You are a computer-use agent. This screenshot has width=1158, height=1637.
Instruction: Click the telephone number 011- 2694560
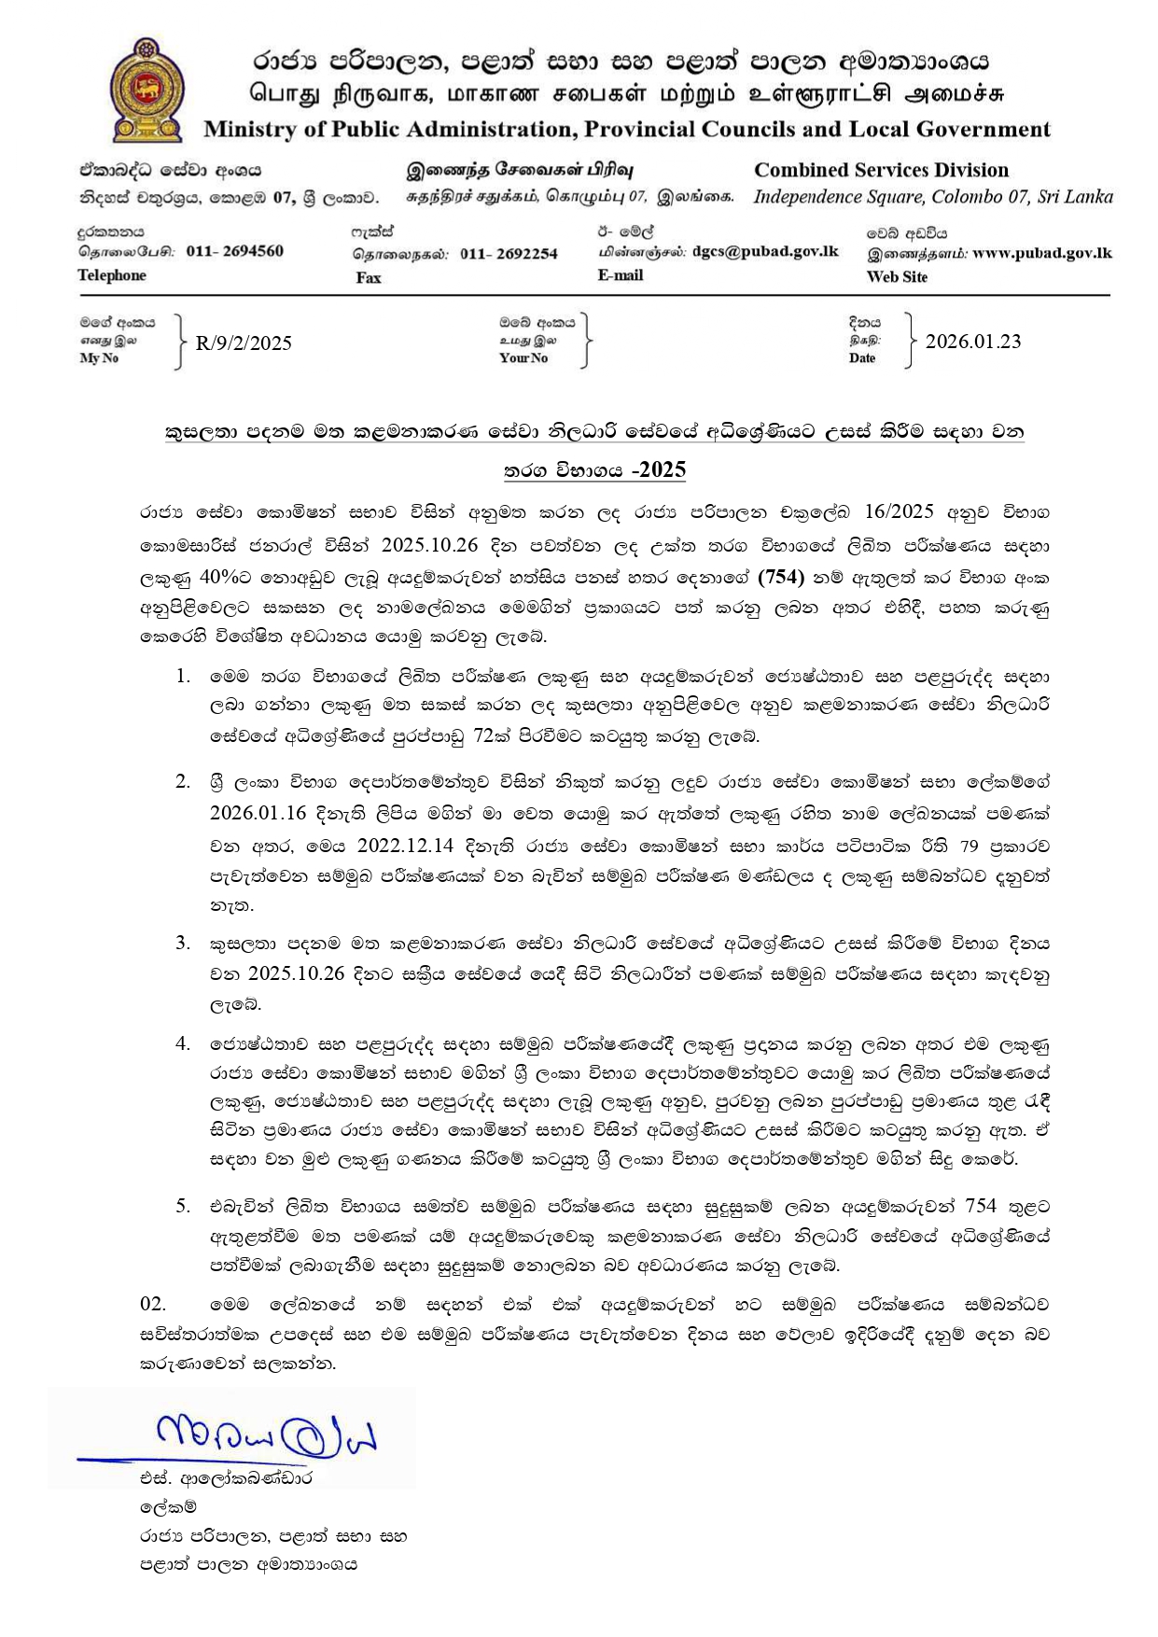tap(234, 251)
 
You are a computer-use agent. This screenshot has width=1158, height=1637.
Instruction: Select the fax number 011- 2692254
tap(509, 254)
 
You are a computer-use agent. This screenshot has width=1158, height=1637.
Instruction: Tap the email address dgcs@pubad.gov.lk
tap(765, 251)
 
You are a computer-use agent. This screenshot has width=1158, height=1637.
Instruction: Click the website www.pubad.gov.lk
tap(1041, 253)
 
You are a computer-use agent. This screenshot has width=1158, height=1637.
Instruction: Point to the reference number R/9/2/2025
tap(244, 343)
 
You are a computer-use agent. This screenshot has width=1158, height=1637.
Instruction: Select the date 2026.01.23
tap(972, 341)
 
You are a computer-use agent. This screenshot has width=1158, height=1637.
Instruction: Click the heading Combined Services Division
tap(881, 170)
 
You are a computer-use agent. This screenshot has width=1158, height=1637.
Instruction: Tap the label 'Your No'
tap(523, 357)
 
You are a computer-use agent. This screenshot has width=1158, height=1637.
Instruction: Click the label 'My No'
tap(99, 357)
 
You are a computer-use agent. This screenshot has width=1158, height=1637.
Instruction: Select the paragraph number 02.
tap(152, 1303)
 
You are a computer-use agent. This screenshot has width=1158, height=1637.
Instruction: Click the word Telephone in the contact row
tap(112, 275)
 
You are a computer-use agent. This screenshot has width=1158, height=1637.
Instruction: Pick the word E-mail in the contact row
tap(621, 275)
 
